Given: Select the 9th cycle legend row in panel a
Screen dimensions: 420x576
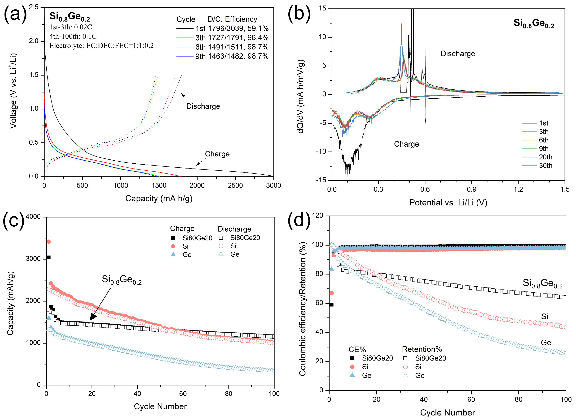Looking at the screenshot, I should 222,56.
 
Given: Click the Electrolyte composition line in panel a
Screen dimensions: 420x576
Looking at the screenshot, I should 101,45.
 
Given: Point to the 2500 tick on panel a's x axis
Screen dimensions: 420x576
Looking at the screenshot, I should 235,186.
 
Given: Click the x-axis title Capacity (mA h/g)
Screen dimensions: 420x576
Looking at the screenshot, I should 159,199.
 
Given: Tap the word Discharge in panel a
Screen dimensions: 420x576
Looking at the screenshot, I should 203,106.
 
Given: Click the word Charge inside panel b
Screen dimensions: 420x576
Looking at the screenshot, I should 406,144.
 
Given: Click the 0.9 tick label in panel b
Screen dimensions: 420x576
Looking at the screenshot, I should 471,190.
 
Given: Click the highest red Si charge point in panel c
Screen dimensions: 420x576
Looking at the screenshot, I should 49,242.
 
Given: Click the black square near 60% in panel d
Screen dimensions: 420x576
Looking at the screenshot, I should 331,305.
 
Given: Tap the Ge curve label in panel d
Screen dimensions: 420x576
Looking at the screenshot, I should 546,343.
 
